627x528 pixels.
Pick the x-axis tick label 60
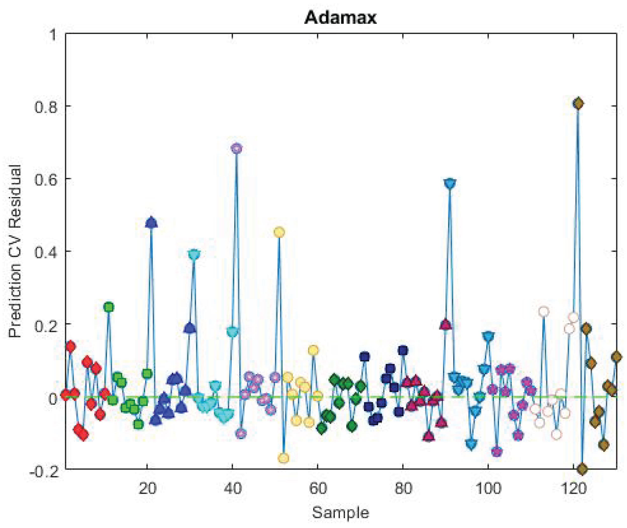[317, 488]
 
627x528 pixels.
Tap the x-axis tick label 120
[573, 488]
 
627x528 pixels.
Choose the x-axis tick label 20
[147, 488]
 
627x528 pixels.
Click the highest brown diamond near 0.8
[578, 104]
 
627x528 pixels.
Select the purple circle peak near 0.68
[237, 148]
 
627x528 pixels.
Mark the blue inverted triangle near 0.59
[450, 183]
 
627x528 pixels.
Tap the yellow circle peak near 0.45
[279, 232]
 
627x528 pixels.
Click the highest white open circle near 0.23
[544, 312]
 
